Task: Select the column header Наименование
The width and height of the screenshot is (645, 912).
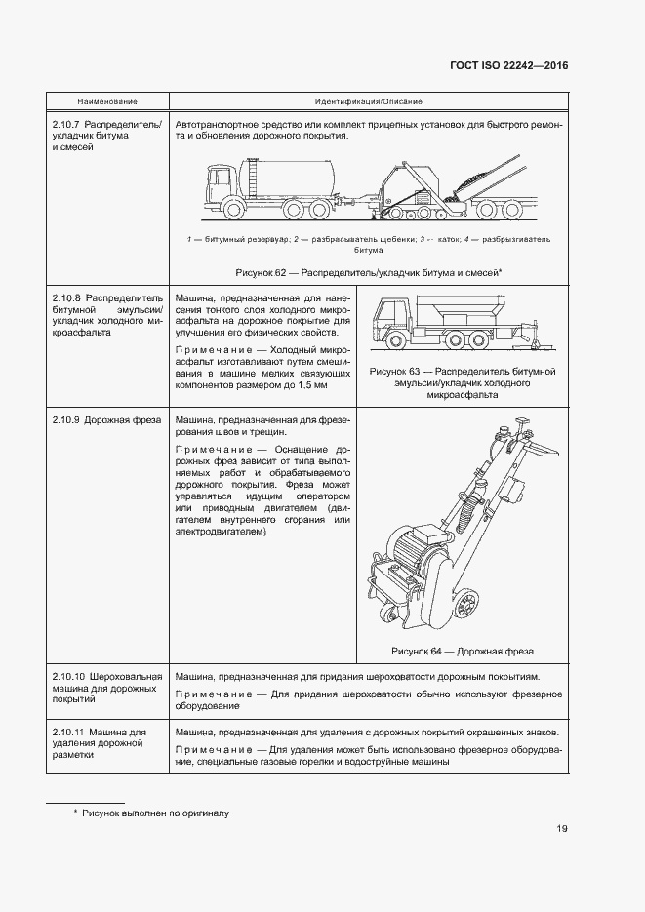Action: [107, 102]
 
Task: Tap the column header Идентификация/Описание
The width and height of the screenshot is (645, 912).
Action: [368, 102]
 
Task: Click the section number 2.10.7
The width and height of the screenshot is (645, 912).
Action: [67, 126]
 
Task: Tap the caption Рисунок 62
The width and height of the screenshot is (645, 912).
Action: [368, 273]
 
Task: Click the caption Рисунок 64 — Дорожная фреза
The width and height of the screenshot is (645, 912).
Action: [462, 651]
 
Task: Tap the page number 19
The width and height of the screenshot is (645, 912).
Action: [562, 829]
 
